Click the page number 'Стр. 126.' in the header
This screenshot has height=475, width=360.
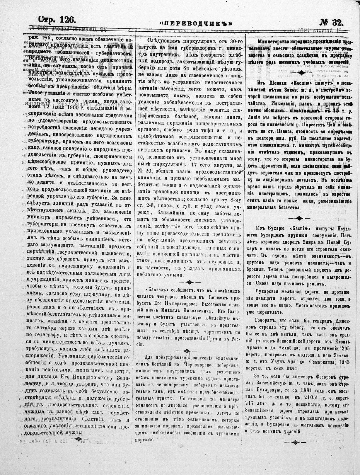[57, 20]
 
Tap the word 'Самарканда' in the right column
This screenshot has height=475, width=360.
[321, 362]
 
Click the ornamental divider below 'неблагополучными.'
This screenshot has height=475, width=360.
[189, 282]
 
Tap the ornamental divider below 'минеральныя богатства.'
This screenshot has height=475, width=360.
[299, 218]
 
